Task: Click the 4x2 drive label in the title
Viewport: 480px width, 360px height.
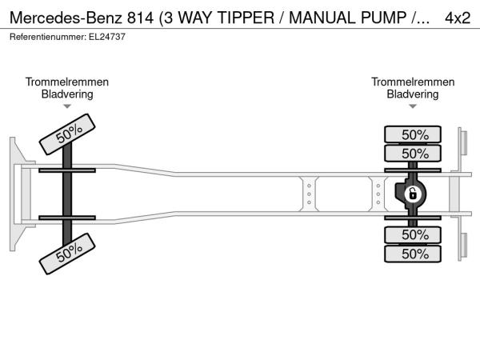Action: (x=458, y=17)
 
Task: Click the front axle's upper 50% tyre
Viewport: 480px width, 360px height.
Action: (x=68, y=133)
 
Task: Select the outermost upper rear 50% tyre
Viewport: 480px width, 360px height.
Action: (x=414, y=134)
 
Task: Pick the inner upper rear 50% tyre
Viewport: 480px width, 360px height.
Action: (x=414, y=153)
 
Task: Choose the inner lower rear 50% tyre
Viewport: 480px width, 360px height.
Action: (x=414, y=234)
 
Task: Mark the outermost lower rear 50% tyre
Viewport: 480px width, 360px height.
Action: (x=414, y=254)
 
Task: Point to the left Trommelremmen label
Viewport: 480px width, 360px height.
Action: (x=67, y=82)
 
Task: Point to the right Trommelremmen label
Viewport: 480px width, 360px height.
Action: (x=413, y=82)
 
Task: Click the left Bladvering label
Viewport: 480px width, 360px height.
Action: (x=67, y=94)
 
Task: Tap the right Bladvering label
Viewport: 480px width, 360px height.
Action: (x=413, y=94)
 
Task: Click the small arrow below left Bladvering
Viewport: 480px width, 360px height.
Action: (x=67, y=106)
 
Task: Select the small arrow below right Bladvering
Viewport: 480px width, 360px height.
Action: (x=413, y=106)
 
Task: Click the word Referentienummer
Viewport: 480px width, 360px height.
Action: (x=45, y=37)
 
